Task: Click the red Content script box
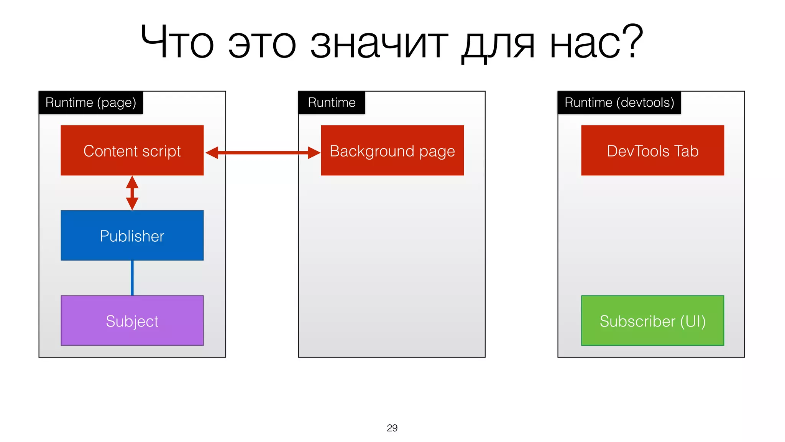tap(132, 150)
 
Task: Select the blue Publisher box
tap(132, 236)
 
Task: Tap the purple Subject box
tap(132, 321)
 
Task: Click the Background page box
tap(392, 150)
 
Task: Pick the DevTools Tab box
tap(652, 150)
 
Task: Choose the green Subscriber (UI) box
tap(652, 321)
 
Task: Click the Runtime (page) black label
tap(91, 102)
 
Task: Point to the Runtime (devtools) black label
tap(619, 102)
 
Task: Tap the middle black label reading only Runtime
tap(332, 102)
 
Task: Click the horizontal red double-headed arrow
tap(263, 153)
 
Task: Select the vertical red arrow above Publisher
tap(132, 193)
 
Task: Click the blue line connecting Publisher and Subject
tap(132, 278)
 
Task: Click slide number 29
tap(392, 428)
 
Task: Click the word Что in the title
tap(177, 42)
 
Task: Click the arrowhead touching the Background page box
tap(314, 153)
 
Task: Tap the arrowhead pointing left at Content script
tap(212, 153)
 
